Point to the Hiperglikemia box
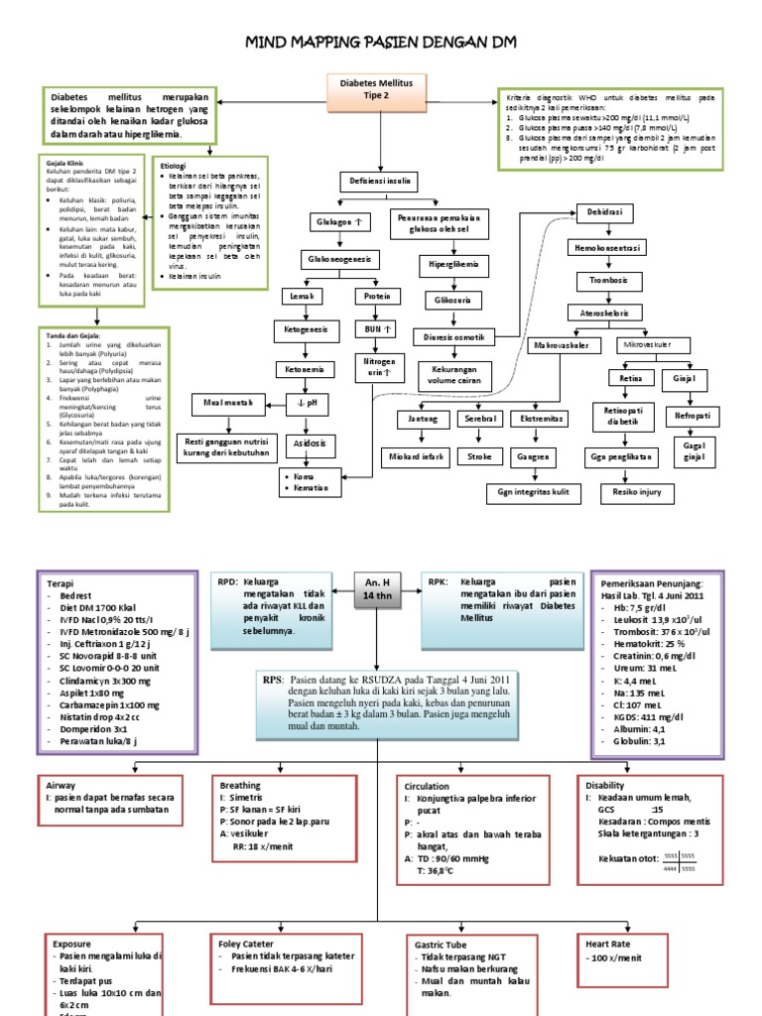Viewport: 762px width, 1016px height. point(452,267)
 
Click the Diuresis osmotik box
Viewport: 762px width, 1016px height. point(452,337)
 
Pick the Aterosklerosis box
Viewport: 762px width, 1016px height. point(611,313)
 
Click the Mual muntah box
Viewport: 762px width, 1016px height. point(230,404)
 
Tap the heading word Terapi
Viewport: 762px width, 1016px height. point(62,584)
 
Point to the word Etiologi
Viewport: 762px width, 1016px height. point(177,166)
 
